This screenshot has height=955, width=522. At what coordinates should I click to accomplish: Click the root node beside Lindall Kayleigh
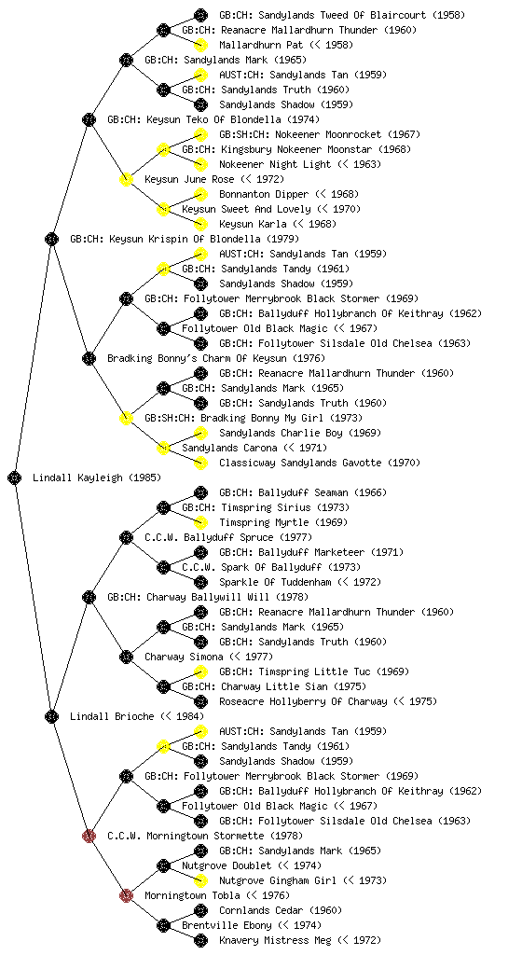[15, 477]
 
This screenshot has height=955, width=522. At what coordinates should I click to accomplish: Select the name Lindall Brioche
[112, 716]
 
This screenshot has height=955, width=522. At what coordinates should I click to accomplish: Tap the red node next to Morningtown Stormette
[89, 836]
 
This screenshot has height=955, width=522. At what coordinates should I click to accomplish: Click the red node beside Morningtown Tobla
[126, 895]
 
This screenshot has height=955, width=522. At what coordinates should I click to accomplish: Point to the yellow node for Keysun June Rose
[126, 179]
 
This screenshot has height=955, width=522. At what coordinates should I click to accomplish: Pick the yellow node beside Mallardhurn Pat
[200, 45]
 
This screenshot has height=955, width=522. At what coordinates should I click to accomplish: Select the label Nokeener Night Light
[275, 164]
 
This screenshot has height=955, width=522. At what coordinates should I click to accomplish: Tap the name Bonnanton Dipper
[264, 194]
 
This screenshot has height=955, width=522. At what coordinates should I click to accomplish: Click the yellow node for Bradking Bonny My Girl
[126, 418]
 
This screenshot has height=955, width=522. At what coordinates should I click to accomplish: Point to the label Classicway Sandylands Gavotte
[300, 463]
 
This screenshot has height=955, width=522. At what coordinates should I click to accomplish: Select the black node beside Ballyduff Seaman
[200, 492]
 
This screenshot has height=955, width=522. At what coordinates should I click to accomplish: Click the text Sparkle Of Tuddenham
[275, 582]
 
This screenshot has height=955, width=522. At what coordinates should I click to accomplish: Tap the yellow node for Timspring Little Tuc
[200, 671]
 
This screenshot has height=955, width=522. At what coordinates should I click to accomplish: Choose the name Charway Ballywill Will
[176, 597]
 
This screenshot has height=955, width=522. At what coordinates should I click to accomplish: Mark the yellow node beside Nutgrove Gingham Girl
[200, 880]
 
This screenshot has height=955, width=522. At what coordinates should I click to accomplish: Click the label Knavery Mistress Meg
[275, 940]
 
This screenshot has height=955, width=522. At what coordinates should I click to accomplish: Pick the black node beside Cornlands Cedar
[200, 910]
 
